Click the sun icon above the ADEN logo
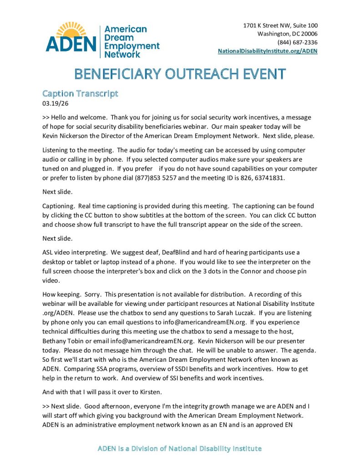[71, 29]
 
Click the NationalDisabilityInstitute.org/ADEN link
[268, 51]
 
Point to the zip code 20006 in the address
[308, 34]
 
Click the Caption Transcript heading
[80, 94]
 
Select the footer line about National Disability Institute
[180, 449]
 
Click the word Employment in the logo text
[132, 46]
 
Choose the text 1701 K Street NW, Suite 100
[280, 25]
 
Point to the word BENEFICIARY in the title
[114, 74]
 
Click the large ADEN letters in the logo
[71, 44]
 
